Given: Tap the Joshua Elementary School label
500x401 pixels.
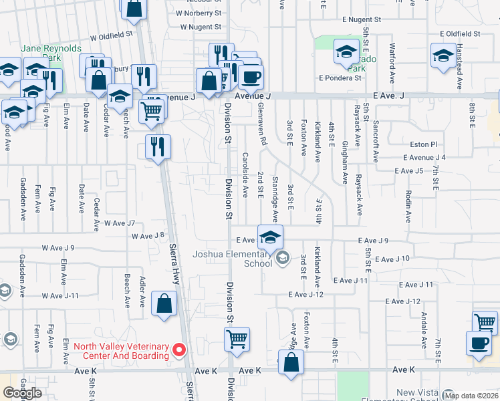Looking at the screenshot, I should click(232, 258).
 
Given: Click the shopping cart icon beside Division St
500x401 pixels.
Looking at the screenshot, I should click(237, 339).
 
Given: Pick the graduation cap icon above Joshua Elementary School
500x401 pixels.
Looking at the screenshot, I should click(270, 237).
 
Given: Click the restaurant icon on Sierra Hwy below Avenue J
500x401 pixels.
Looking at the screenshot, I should click(158, 146).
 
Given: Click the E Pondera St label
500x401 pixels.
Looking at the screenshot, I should click(340, 78).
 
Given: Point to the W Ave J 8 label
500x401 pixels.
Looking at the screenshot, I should click(148, 236).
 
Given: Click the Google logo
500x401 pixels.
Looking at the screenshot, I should click(22, 393).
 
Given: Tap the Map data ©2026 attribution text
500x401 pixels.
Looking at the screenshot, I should click(471, 396).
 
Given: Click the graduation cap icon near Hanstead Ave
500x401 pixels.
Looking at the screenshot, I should click(444, 55).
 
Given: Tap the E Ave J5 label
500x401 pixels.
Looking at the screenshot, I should click(409, 171).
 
